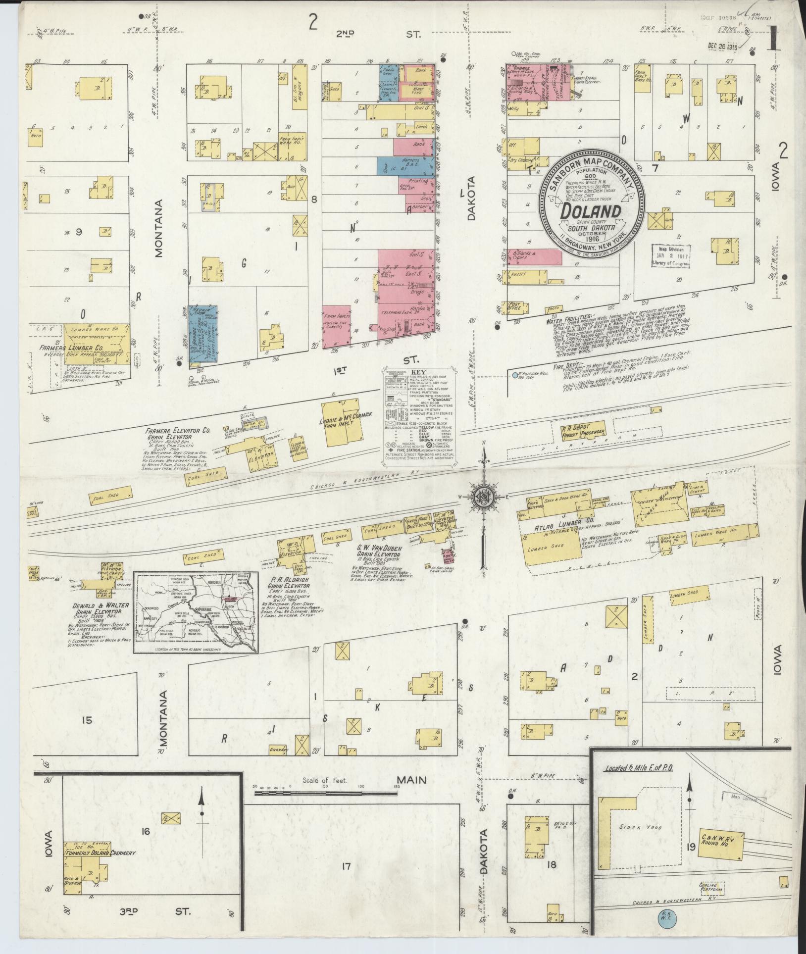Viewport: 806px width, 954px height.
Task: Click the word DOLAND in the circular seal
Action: click(591, 211)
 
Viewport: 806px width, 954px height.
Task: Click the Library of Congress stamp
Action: click(671, 255)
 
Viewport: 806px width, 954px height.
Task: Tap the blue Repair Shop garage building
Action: click(203, 334)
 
